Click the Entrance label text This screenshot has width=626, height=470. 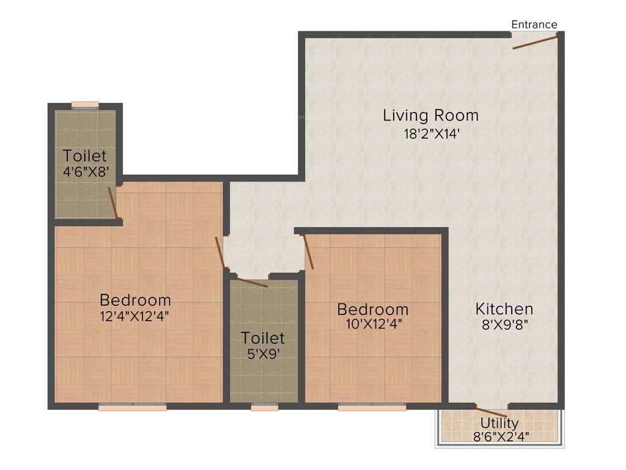tap(534, 24)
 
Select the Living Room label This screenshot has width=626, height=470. tap(430, 115)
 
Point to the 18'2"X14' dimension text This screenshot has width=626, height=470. tap(430, 133)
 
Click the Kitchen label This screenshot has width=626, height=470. tap(504, 309)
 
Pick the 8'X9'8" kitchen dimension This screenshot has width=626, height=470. tap(504, 325)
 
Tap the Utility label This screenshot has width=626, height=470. tap(499, 423)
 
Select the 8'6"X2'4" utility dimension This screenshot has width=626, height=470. tap(499, 436)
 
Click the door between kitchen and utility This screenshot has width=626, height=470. tap(492, 412)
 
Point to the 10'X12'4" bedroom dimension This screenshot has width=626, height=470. tap(373, 324)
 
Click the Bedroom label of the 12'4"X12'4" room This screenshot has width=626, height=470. tap(135, 300)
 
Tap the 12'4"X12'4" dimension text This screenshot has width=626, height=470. tap(135, 316)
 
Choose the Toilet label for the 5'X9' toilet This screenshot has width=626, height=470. tap(262, 338)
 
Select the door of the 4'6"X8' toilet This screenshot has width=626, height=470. tap(112, 203)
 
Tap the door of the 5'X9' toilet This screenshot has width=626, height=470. tap(251, 282)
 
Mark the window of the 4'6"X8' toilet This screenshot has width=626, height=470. tap(85, 105)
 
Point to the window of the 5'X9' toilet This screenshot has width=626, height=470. tap(264, 407)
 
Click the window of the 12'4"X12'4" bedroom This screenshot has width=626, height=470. tap(132, 407)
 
